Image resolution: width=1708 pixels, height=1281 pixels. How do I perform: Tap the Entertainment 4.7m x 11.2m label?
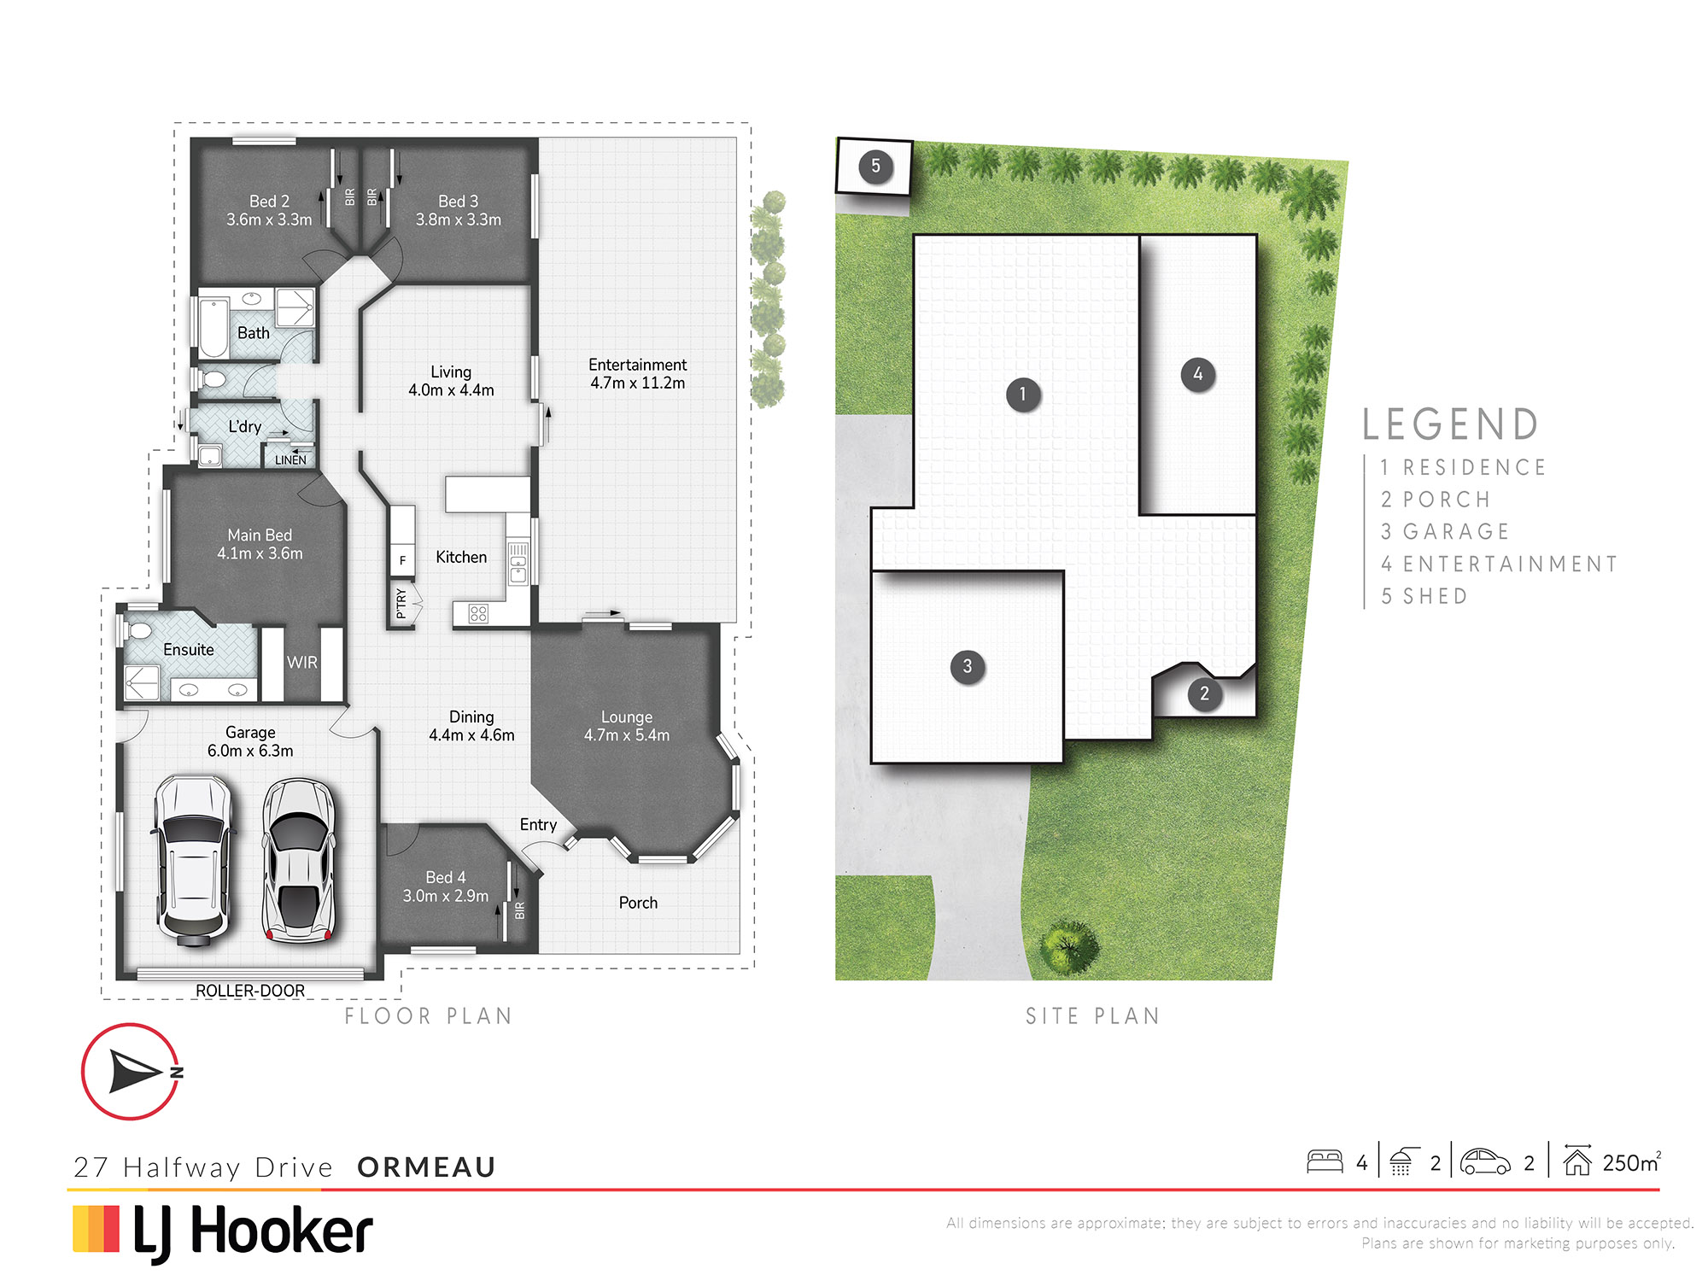(638, 374)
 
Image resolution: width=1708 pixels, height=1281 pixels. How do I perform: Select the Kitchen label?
(461, 557)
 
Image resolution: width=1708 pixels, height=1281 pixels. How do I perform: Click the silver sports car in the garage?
(298, 860)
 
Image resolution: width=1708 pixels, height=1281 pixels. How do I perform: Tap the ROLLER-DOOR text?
(250, 991)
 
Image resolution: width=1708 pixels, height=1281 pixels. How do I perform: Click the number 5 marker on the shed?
(875, 166)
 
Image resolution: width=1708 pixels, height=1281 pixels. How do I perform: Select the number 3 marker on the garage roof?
(968, 666)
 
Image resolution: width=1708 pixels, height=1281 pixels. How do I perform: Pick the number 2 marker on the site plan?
(1205, 693)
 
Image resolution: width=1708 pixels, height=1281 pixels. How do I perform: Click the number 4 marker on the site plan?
(1198, 374)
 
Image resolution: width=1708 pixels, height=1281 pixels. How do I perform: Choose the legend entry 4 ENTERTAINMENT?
(1499, 564)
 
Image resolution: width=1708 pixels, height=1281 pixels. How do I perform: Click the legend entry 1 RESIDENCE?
(1463, 467)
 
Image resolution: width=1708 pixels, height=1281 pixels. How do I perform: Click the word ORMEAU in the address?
(427, 1167)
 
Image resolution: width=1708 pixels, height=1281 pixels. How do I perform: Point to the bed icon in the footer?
(1325, 1161)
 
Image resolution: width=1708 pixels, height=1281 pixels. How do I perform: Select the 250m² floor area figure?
(1631, 1162)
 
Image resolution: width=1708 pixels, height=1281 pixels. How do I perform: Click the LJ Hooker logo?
(223, 1232)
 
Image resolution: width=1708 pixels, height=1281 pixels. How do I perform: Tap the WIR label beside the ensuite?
(302, 663)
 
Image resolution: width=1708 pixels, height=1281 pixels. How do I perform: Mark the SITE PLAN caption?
(1093, 1015)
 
